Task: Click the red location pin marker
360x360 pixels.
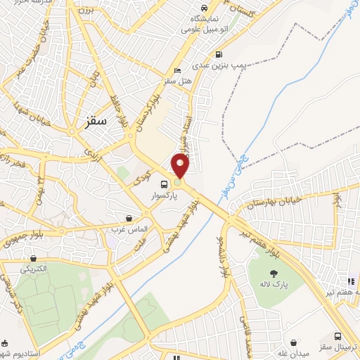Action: coord(181,166)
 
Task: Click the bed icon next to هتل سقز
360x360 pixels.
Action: coord(176,71)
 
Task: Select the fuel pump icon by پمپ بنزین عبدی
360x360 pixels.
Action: coord(219,55)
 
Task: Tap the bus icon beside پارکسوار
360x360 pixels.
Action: coord(164,184)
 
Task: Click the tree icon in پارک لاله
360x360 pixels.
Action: coord(274,272)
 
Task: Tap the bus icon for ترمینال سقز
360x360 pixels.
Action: coord(338,336)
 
